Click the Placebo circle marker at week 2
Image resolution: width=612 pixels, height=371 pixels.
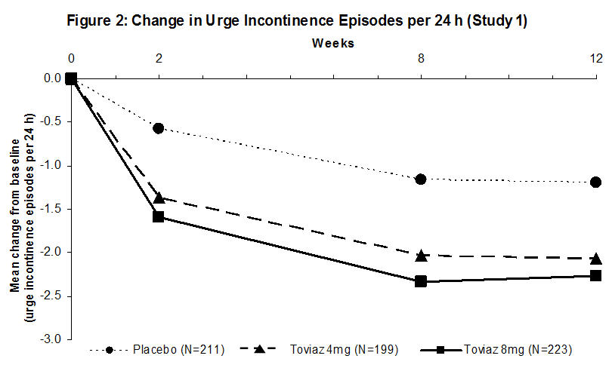coord(158,128)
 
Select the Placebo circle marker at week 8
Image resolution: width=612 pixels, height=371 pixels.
coord(421,179)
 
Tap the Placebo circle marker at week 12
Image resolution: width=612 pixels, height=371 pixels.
coord(595,182)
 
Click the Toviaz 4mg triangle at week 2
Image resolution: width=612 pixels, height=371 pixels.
coord(158,198)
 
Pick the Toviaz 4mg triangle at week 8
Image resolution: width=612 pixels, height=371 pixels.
coord(421,256)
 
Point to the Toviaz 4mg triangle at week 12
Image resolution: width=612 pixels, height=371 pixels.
coord(595,259)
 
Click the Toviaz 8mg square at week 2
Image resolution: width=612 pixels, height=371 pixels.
coord(158,216)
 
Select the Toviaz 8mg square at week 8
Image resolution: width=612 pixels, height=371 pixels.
coord(421,281)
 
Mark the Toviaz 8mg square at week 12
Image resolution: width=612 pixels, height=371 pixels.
coord(595,275)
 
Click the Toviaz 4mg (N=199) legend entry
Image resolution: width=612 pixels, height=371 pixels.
coord(345,349)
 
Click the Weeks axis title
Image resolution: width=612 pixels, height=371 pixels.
coord(333,43)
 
